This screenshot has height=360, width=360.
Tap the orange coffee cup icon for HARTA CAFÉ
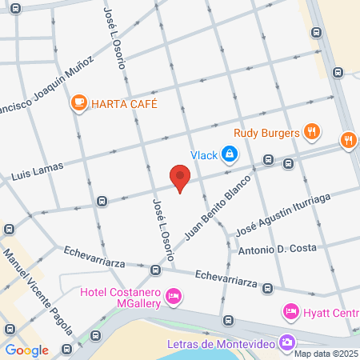pos(78,102)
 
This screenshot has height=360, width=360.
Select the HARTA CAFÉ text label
pos(124,103)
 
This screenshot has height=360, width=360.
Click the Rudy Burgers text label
pos(266,132)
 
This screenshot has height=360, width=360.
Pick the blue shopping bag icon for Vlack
pos(230,152)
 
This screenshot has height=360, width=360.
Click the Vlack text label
pos(203,155)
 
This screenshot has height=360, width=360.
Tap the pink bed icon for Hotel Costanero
pos(173,298)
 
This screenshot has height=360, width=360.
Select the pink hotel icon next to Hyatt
pos(290,310)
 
